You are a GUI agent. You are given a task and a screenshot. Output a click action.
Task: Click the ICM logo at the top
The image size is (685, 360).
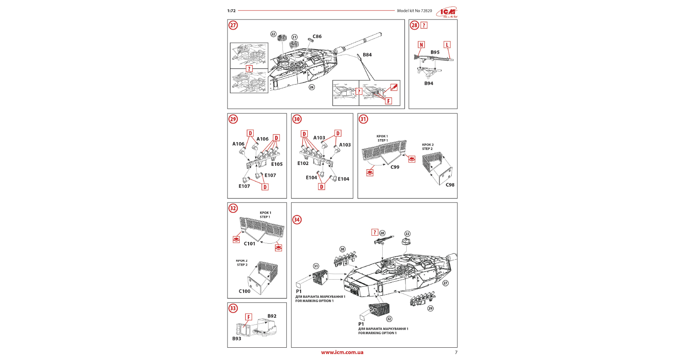(x=447, y=12)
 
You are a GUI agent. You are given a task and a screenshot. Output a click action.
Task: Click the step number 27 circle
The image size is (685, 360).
(x=233, y=25)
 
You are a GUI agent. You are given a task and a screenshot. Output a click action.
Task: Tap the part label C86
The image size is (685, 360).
(x=317, y=37)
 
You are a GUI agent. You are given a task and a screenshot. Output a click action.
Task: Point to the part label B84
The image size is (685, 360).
(x=367, y=55)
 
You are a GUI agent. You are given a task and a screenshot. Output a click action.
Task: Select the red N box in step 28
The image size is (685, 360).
(x=421, y=45)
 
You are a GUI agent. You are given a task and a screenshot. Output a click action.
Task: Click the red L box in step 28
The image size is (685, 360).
(x=447, y=45)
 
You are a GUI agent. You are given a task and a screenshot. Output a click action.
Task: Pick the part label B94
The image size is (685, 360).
(x=429, y=84)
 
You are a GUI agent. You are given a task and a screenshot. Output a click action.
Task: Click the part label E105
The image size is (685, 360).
(x=277, y=165)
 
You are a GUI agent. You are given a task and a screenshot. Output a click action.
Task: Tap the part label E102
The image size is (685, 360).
(x=303, y=164)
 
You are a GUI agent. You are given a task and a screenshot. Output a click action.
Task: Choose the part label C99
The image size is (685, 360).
(x=395, y=168)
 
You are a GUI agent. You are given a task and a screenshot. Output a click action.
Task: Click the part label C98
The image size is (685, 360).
(x=450, y=185)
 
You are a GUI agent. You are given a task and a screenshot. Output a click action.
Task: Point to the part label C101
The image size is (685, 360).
(x=249, y=244)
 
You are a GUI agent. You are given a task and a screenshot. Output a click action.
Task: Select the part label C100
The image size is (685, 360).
(x=244, y=291)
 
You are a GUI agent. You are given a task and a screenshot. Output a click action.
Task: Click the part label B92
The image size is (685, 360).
(x=272, y=316)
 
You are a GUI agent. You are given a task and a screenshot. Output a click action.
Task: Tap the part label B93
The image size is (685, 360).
(x=237, y=339)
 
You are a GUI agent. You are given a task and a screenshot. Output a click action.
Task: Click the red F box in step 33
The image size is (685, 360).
(x=249, y=317)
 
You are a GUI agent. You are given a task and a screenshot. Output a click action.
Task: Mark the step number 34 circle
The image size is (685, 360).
(x=297, y=220)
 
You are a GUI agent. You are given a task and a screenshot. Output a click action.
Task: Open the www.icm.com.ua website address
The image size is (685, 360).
(x=342, y=352)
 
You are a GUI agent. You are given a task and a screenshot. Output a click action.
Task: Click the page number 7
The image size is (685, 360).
(x=456, y=352)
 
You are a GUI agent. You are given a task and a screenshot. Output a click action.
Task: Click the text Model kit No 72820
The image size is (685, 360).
(x=414, y=11)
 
